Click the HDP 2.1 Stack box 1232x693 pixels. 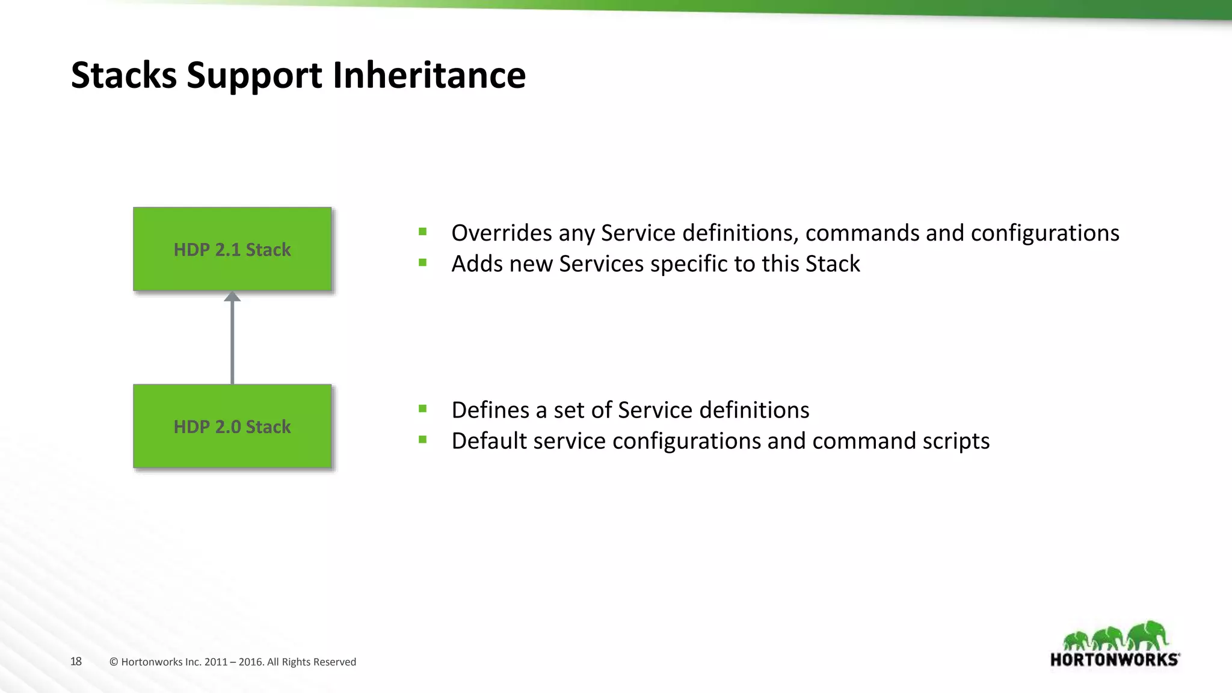point(232,249)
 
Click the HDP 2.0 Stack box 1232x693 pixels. point(232,426)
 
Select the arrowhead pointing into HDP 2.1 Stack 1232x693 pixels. point(232,297)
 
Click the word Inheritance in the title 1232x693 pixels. point(429,75)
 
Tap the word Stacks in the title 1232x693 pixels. point(124,75)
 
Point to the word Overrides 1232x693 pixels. point(500,233)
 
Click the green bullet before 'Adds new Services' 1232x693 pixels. point(423,262)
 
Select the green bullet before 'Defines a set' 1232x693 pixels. point(423,409)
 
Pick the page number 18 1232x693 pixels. point(76,662)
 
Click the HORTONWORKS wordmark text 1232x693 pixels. point(1114,660)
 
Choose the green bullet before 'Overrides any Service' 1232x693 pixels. point(423,232)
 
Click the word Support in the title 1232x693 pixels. point(254,75)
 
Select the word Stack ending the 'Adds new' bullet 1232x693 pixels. point(833,264)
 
